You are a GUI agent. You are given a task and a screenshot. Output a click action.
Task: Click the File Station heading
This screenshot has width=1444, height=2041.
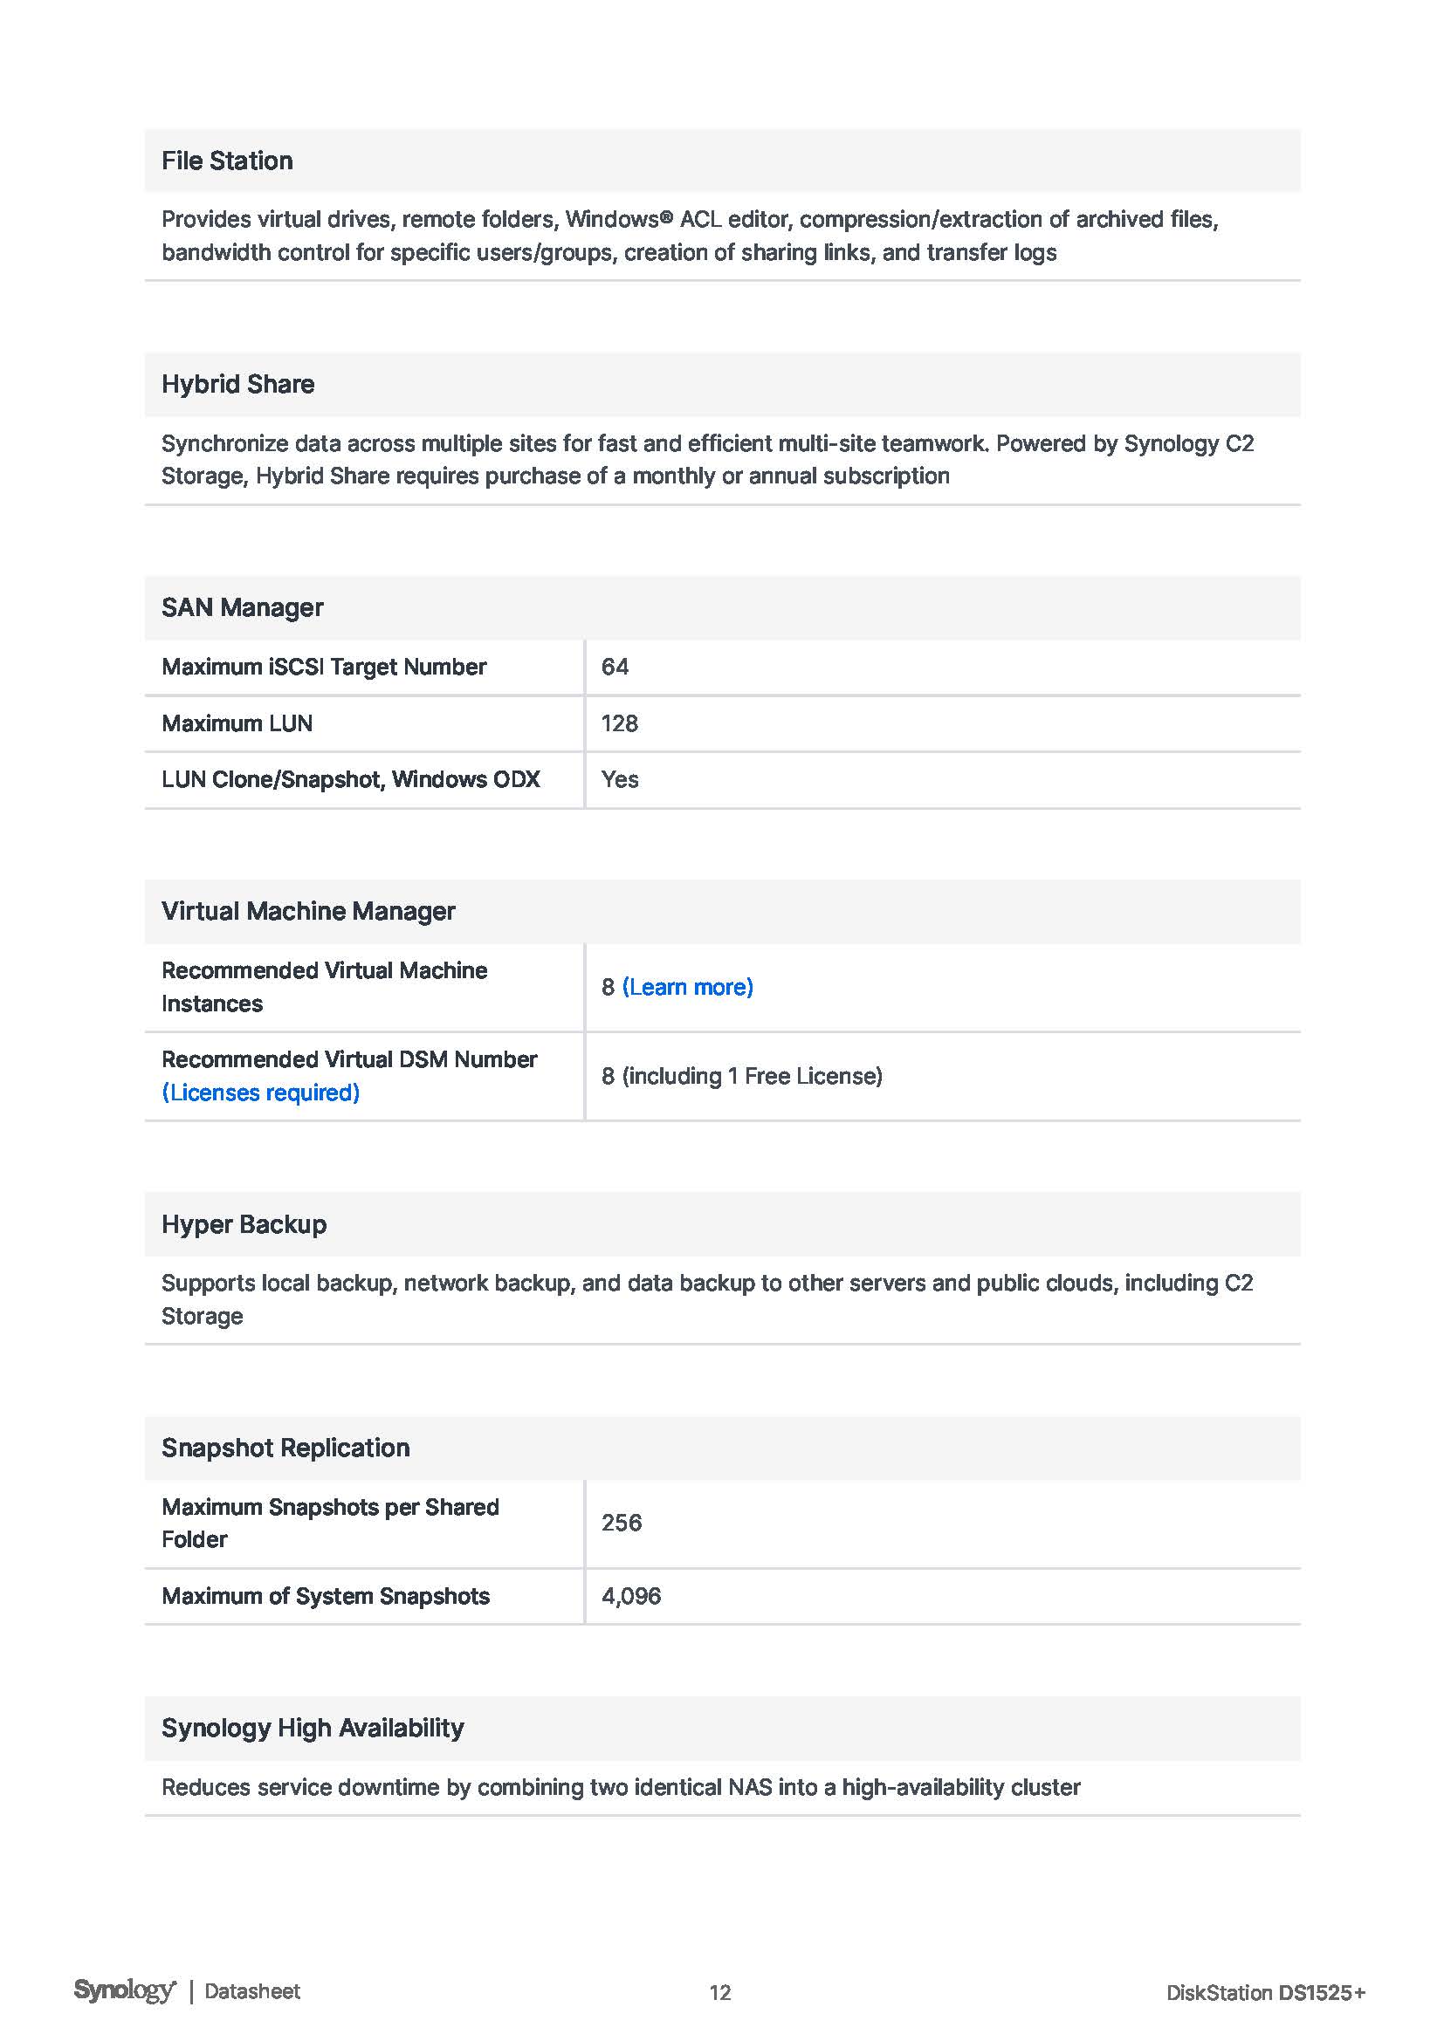(x=227, y=161)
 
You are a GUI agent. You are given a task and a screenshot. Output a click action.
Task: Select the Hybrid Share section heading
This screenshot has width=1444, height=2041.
(x=237, y=384)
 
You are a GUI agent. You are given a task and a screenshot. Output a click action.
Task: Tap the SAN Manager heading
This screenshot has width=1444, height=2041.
(x=242, y=608)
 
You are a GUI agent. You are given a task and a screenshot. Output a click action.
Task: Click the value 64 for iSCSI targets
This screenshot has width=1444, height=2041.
(x=615, y=667)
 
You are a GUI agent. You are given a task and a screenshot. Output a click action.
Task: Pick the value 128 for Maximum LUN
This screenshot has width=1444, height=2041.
(x=619, y=723)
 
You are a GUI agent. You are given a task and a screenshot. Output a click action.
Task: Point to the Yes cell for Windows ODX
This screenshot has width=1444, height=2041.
(x=619, y=779)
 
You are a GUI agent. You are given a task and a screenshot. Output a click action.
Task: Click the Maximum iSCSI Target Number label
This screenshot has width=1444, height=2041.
(x=324, y=667)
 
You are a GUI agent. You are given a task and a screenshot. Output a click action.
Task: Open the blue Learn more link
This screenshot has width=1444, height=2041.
(x=687, y=987)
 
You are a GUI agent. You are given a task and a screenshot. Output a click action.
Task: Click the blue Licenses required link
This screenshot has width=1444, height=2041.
(x=260, y=1092)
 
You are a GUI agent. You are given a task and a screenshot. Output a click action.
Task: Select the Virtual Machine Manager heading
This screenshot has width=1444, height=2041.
(x=307, y=911)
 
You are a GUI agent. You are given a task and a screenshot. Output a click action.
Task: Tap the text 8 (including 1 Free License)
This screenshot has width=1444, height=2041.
(x=741, y=1076)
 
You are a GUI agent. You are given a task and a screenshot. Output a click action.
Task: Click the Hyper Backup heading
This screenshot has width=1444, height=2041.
(x=244, y=1224)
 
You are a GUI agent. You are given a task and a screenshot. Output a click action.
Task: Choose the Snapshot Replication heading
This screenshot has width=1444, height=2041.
(x=285, y=1449)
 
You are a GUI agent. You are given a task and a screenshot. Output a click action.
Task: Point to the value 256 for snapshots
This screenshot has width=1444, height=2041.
(x=621, y=1523)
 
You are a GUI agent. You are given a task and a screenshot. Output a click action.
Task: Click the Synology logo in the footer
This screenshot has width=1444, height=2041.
(x=125, y=1990)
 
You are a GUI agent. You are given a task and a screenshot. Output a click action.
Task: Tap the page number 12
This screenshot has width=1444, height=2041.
(x=719, y=1992)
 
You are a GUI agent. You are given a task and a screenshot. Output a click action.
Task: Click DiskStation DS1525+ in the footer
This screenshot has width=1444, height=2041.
(x=1264, y=1992)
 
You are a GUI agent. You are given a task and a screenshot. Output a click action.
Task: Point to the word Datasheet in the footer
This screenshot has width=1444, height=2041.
(x=252, y=1991)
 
